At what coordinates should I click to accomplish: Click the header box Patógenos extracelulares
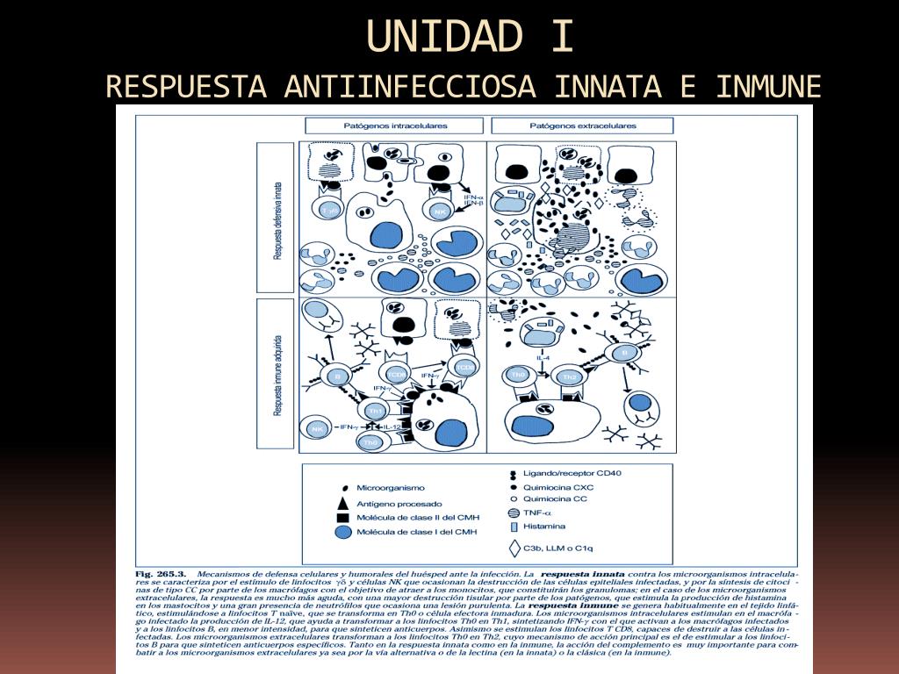[x=582, y=125]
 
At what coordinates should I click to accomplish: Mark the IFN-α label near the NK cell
[x=473, y=197]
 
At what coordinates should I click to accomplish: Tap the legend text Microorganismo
[x=390, y=487]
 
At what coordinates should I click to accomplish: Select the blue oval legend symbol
[x=341, y=532]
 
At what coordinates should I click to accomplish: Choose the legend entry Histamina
[x=544, y=527]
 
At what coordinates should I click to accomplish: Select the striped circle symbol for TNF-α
[x=514, y=513]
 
